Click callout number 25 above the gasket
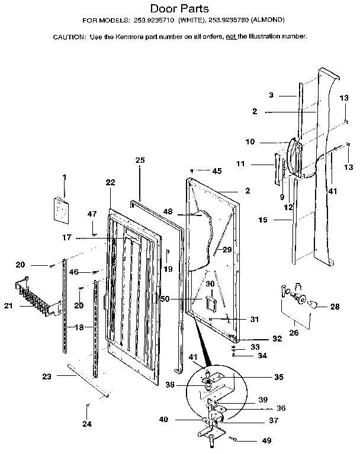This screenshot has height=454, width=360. pos(140,160)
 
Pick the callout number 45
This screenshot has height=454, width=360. pos(217,171)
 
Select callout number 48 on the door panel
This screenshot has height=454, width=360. pos(168,212)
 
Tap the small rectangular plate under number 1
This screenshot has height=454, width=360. pos(61,209)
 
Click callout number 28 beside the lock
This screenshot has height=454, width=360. pos(335,307)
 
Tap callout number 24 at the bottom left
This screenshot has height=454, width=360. pos(87,424)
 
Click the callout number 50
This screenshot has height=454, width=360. pos(165,300)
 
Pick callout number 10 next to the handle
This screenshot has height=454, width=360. pos(250,141)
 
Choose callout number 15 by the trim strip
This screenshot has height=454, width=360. pos(263,220)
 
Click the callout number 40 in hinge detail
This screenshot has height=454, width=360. pos(163,420)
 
